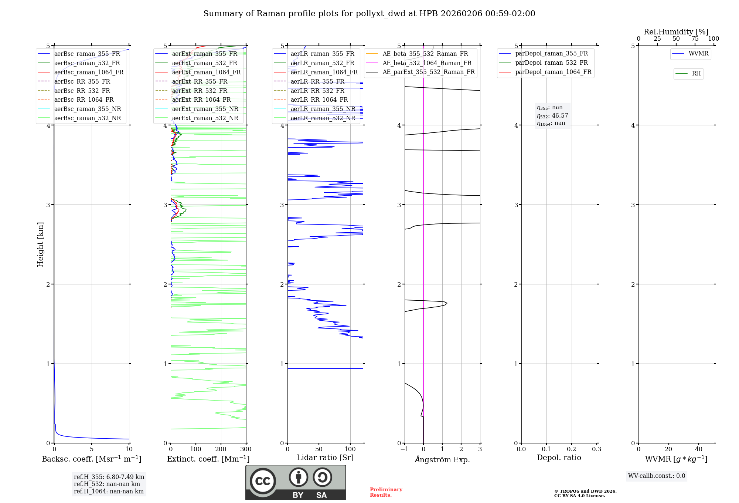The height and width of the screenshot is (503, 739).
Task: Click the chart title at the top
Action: click(x=369, y=14)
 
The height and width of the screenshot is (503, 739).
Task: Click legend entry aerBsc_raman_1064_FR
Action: click(x=89, y=72)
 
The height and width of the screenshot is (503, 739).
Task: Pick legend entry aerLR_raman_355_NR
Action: click(x=323, y=109)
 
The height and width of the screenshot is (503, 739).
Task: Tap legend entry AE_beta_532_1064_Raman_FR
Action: click(x=427, y=63)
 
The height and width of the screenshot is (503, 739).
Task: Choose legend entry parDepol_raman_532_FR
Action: click(x=551, y=63)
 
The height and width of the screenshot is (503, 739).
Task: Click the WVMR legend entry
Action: click(x=698, y=54)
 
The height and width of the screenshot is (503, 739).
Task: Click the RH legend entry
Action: click(x=696, y=74)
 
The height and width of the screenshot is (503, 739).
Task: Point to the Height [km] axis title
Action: click(x=40, y=244)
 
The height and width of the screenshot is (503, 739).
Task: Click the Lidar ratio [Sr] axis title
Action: click(x=325, y=458)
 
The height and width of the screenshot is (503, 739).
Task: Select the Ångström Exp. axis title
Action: click(x=442, y=459)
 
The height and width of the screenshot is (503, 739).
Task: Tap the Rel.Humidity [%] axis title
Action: click(x=676, y=32)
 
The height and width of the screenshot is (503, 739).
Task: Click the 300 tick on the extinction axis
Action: click(x=246, y=449)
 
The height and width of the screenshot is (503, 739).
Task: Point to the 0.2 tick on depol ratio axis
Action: click(x=571, y=449)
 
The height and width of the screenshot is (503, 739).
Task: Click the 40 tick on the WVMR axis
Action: click(x=698, y=449)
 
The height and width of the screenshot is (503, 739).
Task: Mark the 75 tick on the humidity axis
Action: click(x=695, y=39)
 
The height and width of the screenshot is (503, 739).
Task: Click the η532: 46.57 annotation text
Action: click(x=552, y=116)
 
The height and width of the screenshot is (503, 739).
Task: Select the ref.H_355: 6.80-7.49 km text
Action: click(x=109, y=477)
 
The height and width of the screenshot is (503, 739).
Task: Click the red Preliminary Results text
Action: click(x=386, y=492)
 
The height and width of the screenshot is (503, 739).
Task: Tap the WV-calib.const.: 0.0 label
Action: click(x=657, y=476)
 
